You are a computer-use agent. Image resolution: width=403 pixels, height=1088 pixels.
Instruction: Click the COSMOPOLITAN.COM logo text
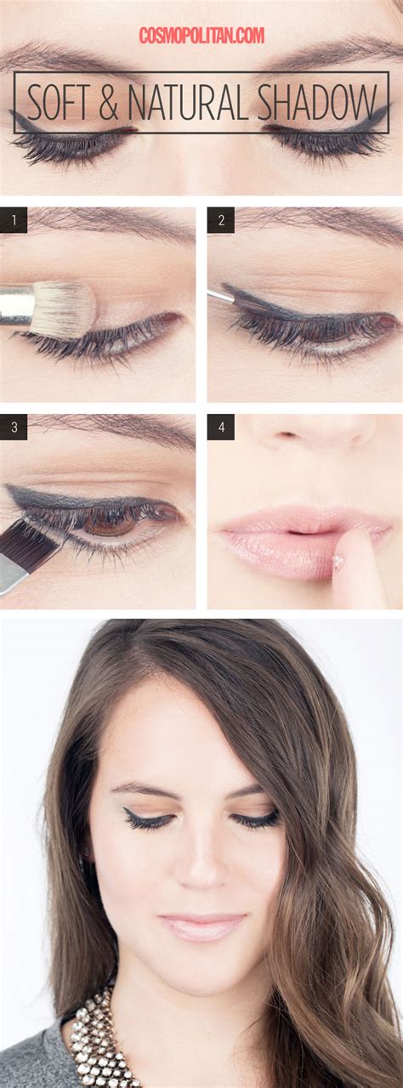201,36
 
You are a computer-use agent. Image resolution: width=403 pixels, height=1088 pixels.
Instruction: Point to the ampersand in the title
107,104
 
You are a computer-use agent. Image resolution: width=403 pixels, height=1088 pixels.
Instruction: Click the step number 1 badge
14,221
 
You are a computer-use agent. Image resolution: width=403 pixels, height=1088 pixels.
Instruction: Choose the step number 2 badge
221,221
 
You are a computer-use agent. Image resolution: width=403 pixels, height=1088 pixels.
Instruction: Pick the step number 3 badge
14,427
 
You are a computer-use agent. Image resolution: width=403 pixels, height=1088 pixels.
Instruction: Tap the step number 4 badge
221,427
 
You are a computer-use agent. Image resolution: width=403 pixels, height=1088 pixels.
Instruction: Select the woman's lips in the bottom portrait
201,926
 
